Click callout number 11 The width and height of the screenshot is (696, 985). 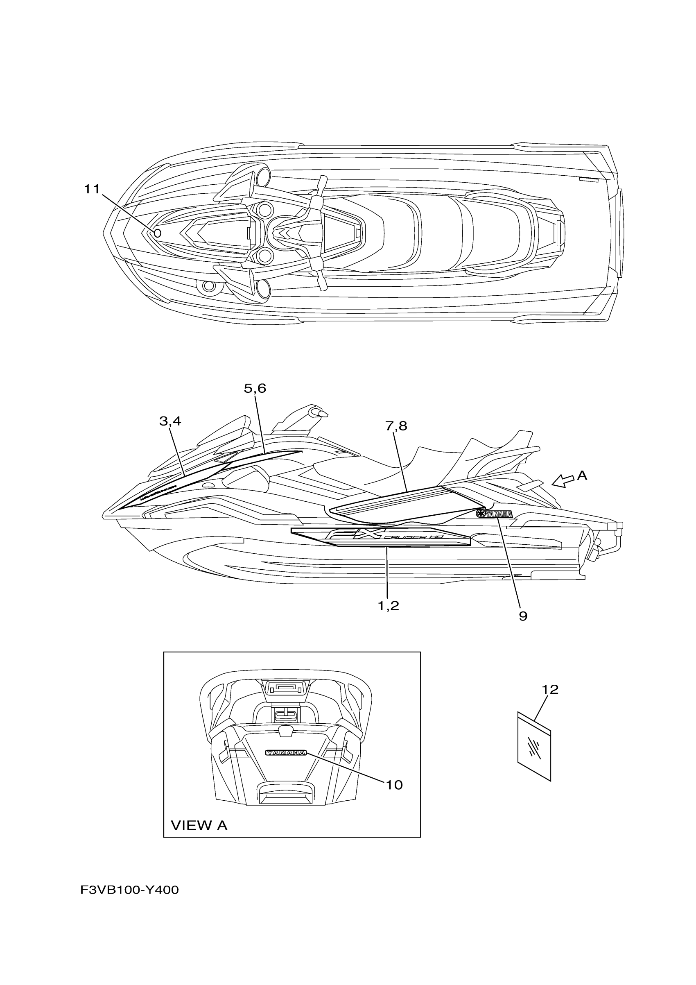tap(91, 189)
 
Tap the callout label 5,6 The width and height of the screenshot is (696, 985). tap(255, 388)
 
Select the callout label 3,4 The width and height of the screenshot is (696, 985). tap(170, 421)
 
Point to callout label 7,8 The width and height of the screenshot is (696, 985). tap(396, 426)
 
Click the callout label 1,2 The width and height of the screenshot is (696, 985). tap(389, 605)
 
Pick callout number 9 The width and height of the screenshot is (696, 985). tap(523, 616)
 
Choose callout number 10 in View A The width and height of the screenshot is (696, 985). tap(394, 785)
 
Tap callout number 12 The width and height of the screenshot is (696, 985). tap(550, 689)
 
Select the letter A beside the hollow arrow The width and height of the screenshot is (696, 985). tap(582, 476)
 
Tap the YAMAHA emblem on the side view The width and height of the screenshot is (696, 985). tap(494, 514)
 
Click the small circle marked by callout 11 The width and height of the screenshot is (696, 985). tap(157, 233)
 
